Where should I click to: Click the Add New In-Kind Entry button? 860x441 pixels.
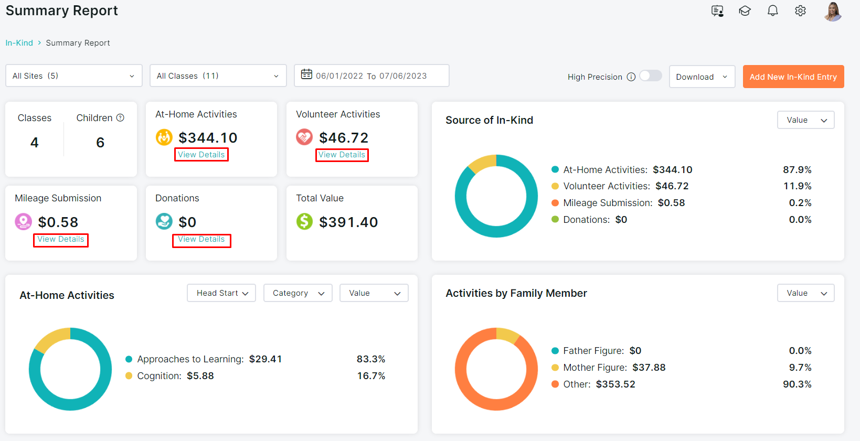pos(793,77)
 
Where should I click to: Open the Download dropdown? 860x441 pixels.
pos(702,77)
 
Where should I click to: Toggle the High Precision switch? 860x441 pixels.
pos(651,76)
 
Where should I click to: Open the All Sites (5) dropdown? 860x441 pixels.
pos(73,76)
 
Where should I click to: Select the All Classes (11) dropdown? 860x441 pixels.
pos(218,76)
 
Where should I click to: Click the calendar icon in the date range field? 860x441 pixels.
pos(306,74)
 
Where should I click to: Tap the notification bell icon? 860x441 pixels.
pos(772,10)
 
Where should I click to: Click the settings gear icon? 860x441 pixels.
pos(800,10)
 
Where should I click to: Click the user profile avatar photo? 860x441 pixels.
pos(832,12)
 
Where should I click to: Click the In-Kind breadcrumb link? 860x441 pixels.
pos(19,42)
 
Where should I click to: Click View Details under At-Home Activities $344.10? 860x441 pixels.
pos(201,155)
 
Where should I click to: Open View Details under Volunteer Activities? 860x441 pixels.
pos(342,155)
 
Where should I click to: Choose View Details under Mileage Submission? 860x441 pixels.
pos(61,239)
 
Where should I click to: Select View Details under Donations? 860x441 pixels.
pos(201,239)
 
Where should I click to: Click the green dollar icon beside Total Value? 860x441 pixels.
pos(304,221)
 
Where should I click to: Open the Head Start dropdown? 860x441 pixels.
pos(221,293)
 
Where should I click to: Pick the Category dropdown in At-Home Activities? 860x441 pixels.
pos(298,293)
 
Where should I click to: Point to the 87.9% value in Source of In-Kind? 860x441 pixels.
pos(797,170)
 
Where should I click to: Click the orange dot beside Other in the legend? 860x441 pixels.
pos(555,384)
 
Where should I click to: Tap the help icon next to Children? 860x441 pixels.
pos(120,118)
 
